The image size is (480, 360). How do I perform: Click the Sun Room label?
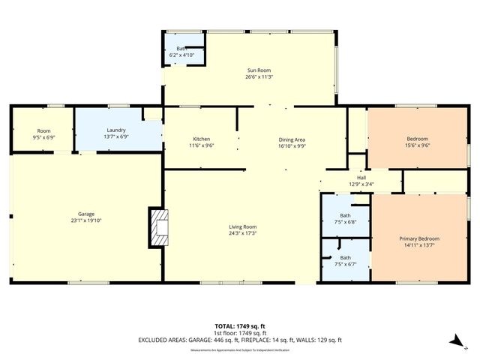(x=253, y=70)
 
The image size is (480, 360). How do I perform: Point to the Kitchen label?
(x=201, y=139)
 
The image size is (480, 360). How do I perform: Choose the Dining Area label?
(x=292, y=139)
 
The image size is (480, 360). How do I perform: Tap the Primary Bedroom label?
(x=417, y=238)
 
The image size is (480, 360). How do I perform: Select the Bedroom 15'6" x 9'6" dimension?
(x=417, y=145)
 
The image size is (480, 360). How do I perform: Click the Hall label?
(x=361, y=177)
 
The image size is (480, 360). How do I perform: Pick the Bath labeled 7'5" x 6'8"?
(x=345, y=222)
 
